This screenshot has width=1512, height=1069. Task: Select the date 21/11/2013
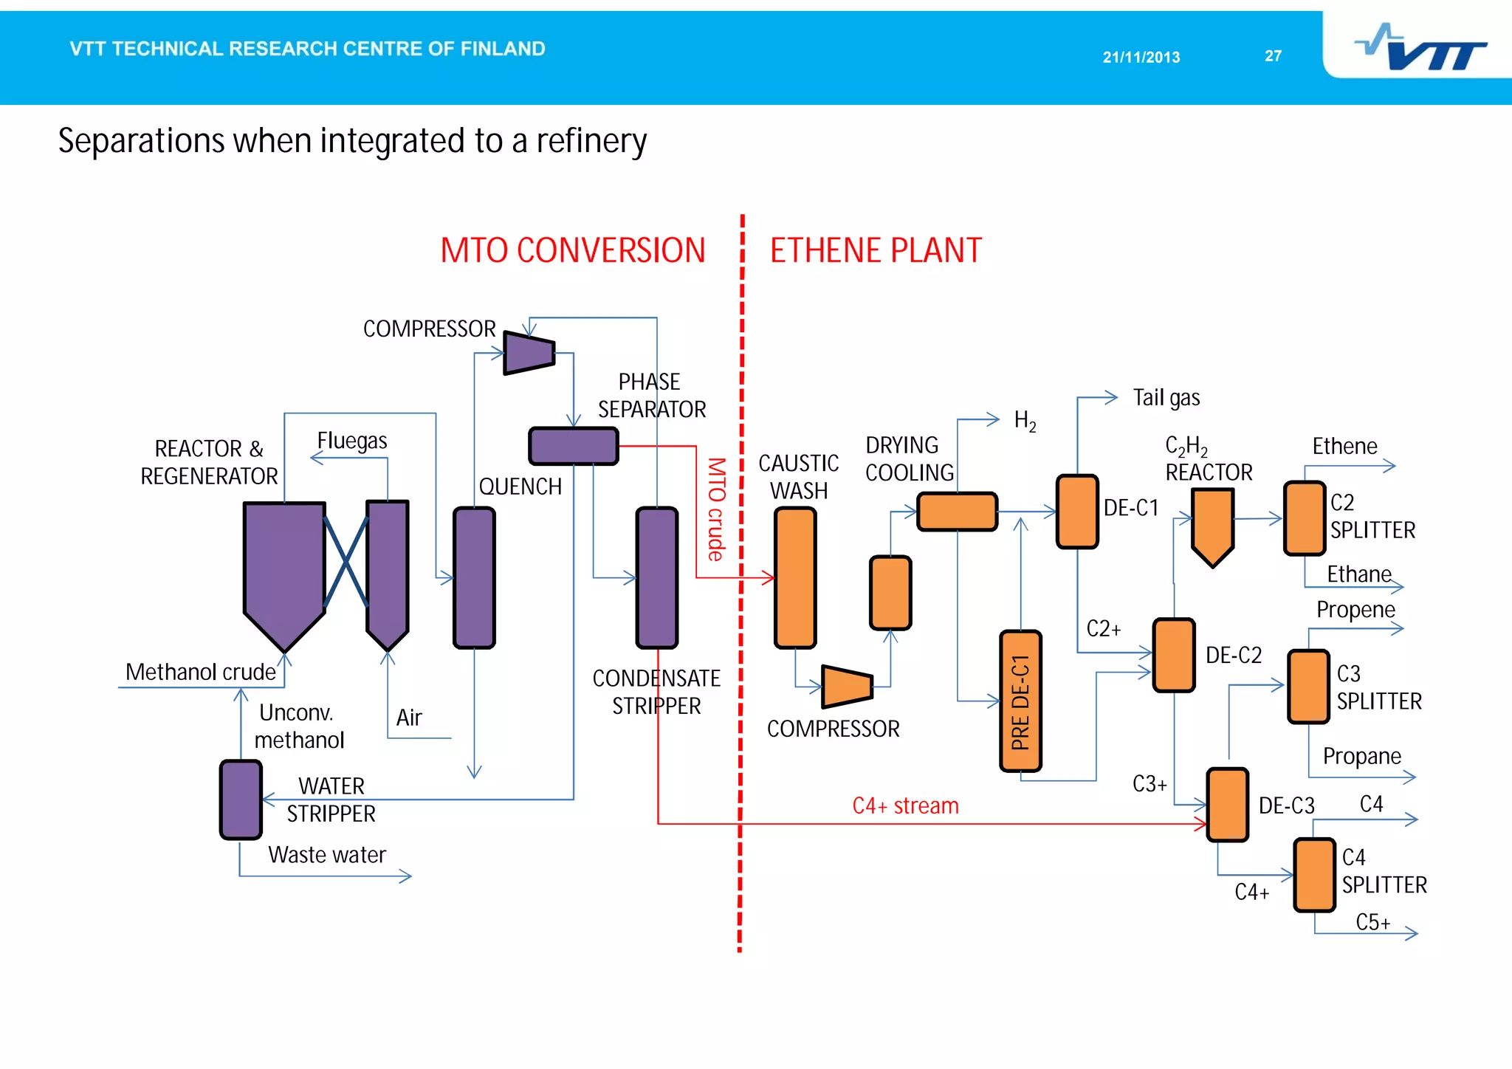(1141, 57)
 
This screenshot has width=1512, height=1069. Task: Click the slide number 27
(1273, 56)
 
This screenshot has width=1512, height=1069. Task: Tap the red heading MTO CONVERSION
(572, 250)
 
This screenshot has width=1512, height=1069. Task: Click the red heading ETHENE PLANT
(876, 250)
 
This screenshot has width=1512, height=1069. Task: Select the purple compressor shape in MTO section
(529, 353)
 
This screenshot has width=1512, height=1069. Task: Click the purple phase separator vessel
(574, 446)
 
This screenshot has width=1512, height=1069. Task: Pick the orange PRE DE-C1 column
(1020, 701)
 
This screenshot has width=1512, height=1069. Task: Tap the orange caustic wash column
(795, 578)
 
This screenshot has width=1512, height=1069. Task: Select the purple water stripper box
(241, 800)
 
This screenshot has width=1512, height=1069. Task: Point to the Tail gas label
(1166, 398)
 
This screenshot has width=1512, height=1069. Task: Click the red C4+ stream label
(905, 805)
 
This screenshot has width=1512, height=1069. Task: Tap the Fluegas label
(352, 441)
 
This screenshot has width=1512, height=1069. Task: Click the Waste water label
(327, 855)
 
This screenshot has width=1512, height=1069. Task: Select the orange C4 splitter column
(1314, 875)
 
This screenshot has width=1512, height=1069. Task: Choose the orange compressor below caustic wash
(847, 686)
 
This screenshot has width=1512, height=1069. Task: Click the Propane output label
(1361, 756)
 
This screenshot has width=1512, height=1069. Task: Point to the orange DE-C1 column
(1077, 512)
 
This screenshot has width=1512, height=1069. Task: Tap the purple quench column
(474, 577)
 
